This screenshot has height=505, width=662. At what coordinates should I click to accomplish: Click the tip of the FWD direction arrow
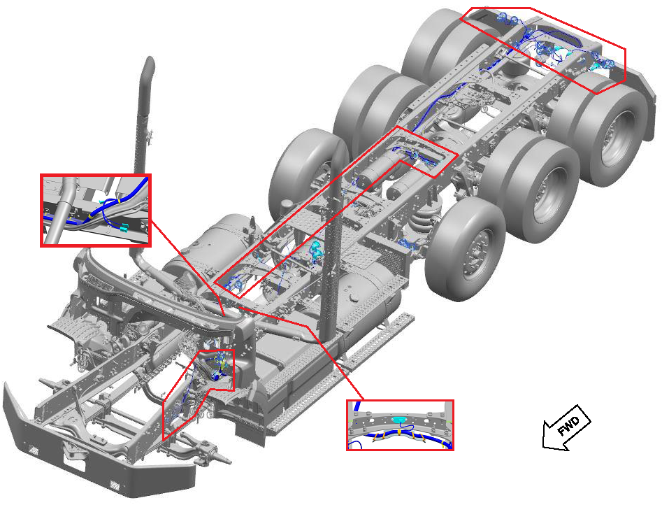pos(544,446)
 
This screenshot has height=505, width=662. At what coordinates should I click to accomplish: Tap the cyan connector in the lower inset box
pos(399,420)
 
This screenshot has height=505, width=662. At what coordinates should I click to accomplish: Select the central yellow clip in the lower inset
pos(399,432)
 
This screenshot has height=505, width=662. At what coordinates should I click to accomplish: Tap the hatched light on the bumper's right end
pos(115,485)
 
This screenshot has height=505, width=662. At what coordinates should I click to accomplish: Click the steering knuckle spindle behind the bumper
pos(220,459)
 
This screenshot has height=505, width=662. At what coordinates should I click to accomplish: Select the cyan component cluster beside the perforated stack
pos(316,248)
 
